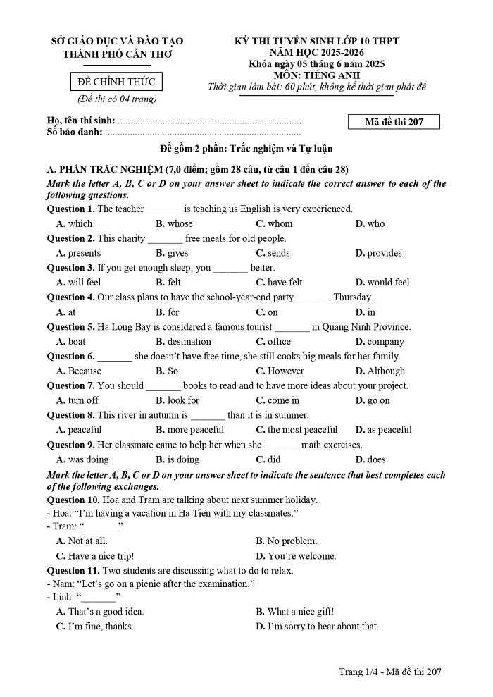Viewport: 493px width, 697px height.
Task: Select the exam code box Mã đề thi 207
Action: point(394,122)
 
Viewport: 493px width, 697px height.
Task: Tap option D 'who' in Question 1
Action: point(370,223)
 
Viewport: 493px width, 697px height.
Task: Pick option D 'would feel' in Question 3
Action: point(382,283)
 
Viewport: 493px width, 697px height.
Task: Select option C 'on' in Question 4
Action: point(267,312)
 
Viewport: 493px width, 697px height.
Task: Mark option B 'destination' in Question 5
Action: point(183,342)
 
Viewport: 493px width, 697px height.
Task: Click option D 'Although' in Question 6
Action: point(380,371)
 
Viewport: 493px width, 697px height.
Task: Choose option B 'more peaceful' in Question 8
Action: point(189,430)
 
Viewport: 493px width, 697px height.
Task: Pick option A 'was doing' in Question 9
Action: point(82,459)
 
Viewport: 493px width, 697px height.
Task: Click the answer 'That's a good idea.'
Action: point(100,612)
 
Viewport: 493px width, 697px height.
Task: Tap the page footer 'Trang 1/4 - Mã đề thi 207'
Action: point(389,672)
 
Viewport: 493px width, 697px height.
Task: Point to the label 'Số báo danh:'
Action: point(75,132)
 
